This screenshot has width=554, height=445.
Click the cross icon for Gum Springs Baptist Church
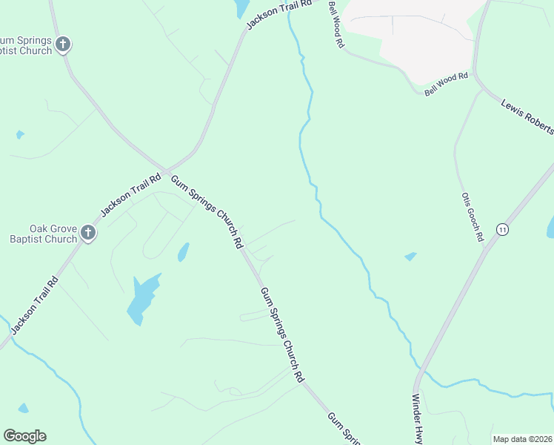pos(64,44)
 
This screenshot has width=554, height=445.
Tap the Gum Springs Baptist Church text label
pos(27,44)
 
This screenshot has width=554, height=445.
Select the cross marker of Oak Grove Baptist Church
pos(88,234)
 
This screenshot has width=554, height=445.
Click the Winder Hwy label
pos(416,418)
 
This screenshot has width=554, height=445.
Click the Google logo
pos(24,436)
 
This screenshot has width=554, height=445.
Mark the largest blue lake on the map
pos(143,297)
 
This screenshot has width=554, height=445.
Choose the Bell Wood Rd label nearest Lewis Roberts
pos(447,83)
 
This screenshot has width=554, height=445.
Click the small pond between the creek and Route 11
pos(410,257)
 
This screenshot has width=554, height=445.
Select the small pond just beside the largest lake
pos(183,253)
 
